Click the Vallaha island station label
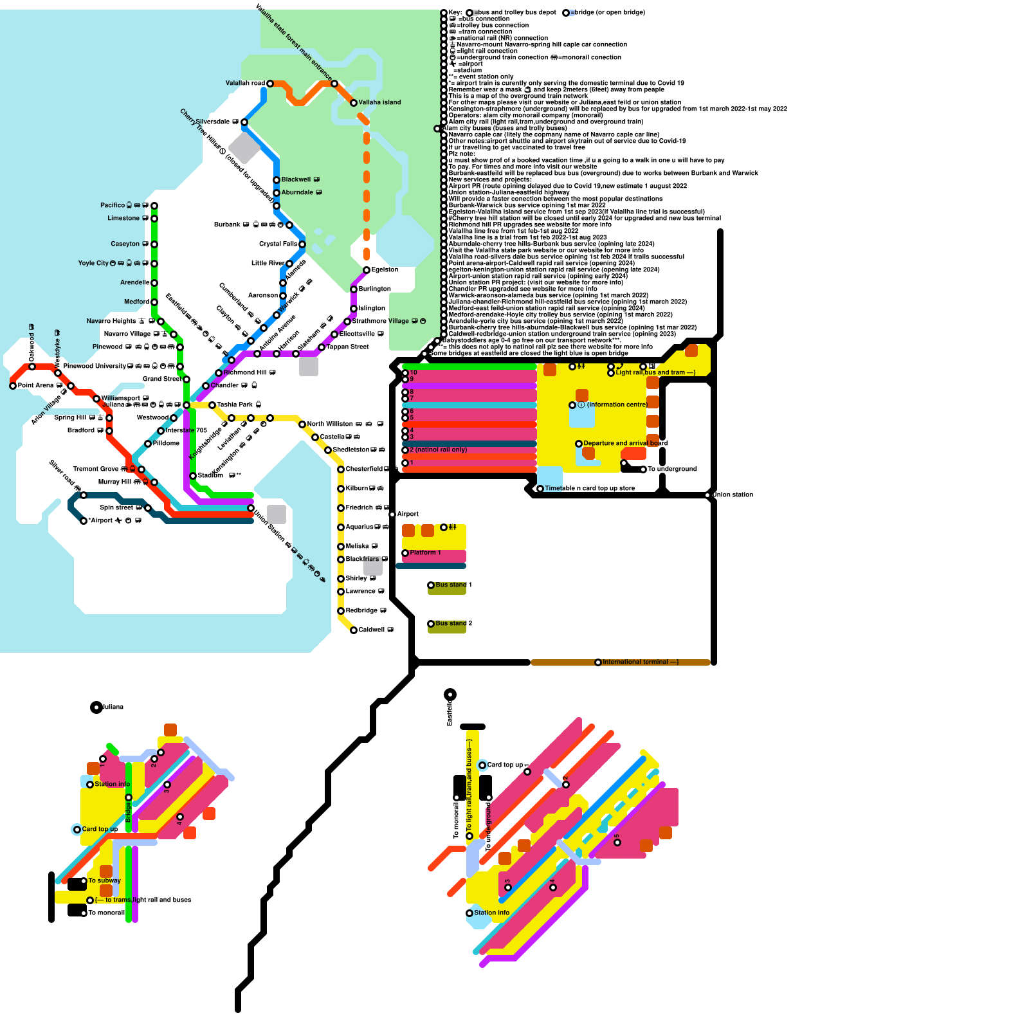pyautogui.click(x=379, y=102)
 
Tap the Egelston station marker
pyautogui.click(x=367, y=270)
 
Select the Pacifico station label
pyautogui.click(x=113, y=205)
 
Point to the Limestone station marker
pyautogui.click(x=154, y=219)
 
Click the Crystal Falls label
pyautogui.click(x=278, y=244)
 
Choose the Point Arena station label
pyautogui.click(x=35, y=385)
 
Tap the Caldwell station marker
pyautogui.click(x=354, y=630)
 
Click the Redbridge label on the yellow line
pyautogui.click(x=361, y=610)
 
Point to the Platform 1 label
pyautogui.click(x=425, y=552)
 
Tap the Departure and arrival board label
pyautogui.click(x=625, y=443)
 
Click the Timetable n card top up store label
pyautogui.click(x=590, y=488)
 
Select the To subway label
pyautogui.click(x=104, y=880)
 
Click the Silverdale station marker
pyautogui.click(x=244, y=122)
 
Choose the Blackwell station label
pyautogui.click(x=296, y=179)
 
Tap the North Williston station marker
pyautogui.click(x=302, y=424)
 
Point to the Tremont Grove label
pyautogui.click(x=96, y=469)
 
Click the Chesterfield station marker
pyautogui.click(x=341, y=469)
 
